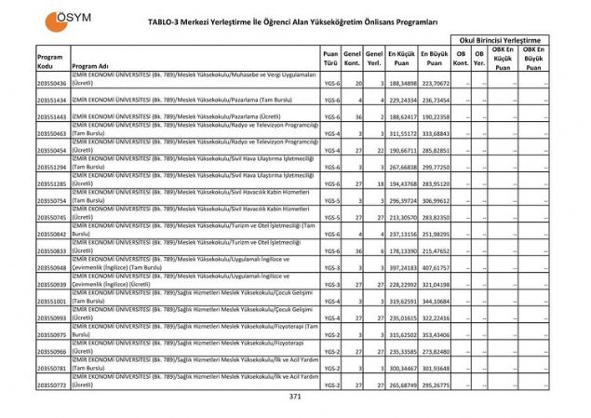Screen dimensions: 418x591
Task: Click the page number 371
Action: point(296,396)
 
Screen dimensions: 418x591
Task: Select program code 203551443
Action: point(52,116)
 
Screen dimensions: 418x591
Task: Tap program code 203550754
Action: point(52,200)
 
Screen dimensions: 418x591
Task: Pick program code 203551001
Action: point(52,301)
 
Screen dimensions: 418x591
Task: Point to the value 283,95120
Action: point(435,184)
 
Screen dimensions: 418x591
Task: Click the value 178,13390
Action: point(401,251)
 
